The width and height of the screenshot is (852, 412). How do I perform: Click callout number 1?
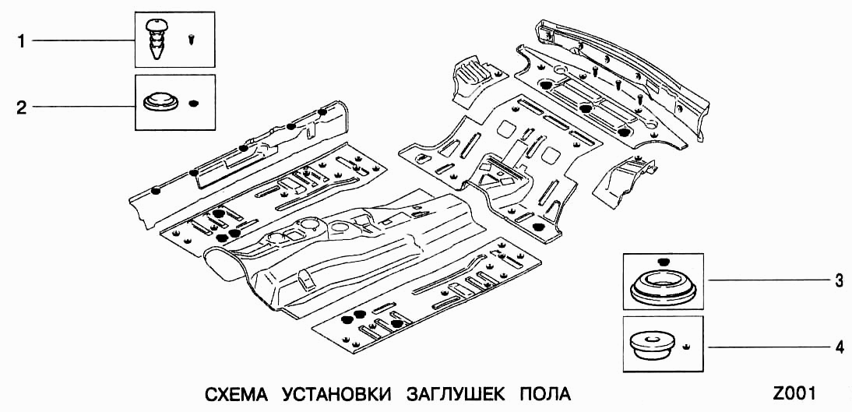pyautogui.click(x=22, y=40)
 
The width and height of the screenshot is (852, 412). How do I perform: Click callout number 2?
pyautogui.click(x=22, y=107)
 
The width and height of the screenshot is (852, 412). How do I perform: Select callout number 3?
pyautogui.click(x=839, y=282)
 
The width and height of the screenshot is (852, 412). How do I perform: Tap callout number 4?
pyautogui.click(x=839, y=348)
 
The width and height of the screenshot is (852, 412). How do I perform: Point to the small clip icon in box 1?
pyautogui.click(x=192, y=37)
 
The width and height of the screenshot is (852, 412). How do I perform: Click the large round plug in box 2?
pyautogui.click(x=161, y=103)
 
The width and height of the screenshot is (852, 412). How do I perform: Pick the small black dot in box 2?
pyautogui.click(x=194, y=103)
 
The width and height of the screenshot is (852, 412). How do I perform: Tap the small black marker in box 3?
pyautogui.click(x=663, y=260)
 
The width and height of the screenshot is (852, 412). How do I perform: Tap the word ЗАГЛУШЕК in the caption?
pyautogui.click(x=452, y=393)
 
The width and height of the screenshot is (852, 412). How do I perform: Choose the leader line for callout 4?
pyautogui.click(x=763, y=347)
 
